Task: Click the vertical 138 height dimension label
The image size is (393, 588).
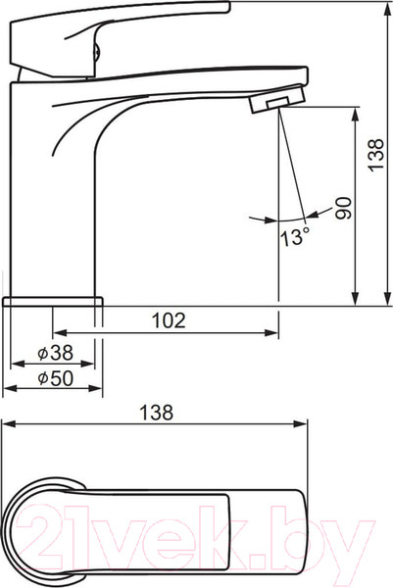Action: (376, 155)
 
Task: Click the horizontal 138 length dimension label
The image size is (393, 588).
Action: (157, 413)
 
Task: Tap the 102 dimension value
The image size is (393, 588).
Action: (169, 320)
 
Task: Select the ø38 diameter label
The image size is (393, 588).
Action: (56, 353)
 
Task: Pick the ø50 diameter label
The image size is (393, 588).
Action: (56, 378)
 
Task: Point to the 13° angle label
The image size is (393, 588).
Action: (296, 237)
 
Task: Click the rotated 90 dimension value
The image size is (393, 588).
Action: (344, 208)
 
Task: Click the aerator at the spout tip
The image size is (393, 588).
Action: (277, 99)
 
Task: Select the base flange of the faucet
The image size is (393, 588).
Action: (53, 302)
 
